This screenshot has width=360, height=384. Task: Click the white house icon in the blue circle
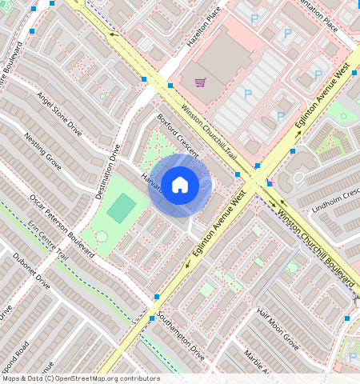pos(180,186)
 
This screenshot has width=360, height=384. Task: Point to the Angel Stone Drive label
pos(59,111)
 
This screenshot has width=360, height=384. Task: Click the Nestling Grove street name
pos(42,151)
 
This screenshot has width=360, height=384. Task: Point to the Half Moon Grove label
pos(278,329)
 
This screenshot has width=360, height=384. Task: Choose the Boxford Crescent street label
pos(177,133)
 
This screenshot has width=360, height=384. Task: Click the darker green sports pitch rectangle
pos(122,208)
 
